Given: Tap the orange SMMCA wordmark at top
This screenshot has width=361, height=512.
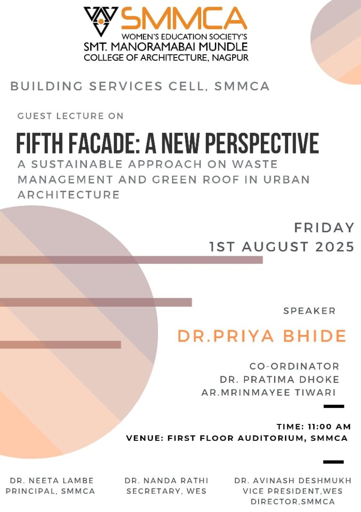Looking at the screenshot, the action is point(184,19).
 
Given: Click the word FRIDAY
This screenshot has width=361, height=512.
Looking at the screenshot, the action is point(324,228).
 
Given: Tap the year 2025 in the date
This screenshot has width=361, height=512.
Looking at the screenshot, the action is point(335,246).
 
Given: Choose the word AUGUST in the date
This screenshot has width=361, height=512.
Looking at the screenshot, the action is point(275,246).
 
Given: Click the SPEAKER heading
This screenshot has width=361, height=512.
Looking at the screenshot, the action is point(309,311).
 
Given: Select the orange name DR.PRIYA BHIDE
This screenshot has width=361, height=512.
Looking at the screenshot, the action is point(262,336).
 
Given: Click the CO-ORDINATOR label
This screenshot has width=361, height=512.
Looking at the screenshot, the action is point(294,366).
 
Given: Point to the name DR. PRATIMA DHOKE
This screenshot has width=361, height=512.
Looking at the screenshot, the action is point(280,379).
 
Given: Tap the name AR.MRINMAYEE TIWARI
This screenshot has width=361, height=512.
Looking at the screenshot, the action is point(268,392).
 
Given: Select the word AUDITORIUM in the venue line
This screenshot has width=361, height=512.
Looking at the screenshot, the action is point(272,438).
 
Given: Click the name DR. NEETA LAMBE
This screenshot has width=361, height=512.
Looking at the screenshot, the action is point(52,480).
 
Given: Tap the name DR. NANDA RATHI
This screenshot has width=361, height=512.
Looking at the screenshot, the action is point(166,480).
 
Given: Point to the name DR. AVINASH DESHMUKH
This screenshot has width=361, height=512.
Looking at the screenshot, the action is point(293,480).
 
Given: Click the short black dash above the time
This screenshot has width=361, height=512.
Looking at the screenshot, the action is point(334,406).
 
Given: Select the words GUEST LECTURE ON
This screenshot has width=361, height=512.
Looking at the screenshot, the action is point(71,116).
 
